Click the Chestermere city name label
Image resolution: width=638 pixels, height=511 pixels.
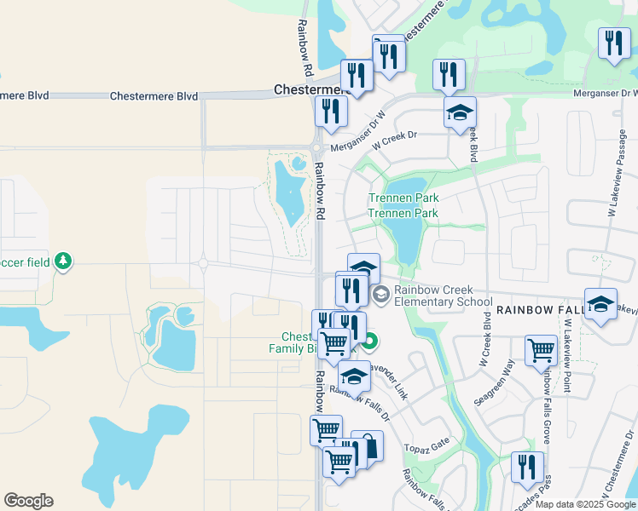[308, 89]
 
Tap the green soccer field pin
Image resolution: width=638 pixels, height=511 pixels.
[62, 261]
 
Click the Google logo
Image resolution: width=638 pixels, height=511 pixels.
[28, 501]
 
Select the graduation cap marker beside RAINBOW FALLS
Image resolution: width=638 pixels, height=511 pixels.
[600, 305]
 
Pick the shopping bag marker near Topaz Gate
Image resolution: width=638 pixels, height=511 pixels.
[368, 446]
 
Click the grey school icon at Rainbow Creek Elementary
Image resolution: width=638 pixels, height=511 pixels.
[380, 295]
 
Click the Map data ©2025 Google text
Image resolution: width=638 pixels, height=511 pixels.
[586, 504]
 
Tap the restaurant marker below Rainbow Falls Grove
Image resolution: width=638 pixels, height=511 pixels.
[527, 468]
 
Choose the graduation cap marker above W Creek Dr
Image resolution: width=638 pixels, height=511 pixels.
[460, 112]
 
